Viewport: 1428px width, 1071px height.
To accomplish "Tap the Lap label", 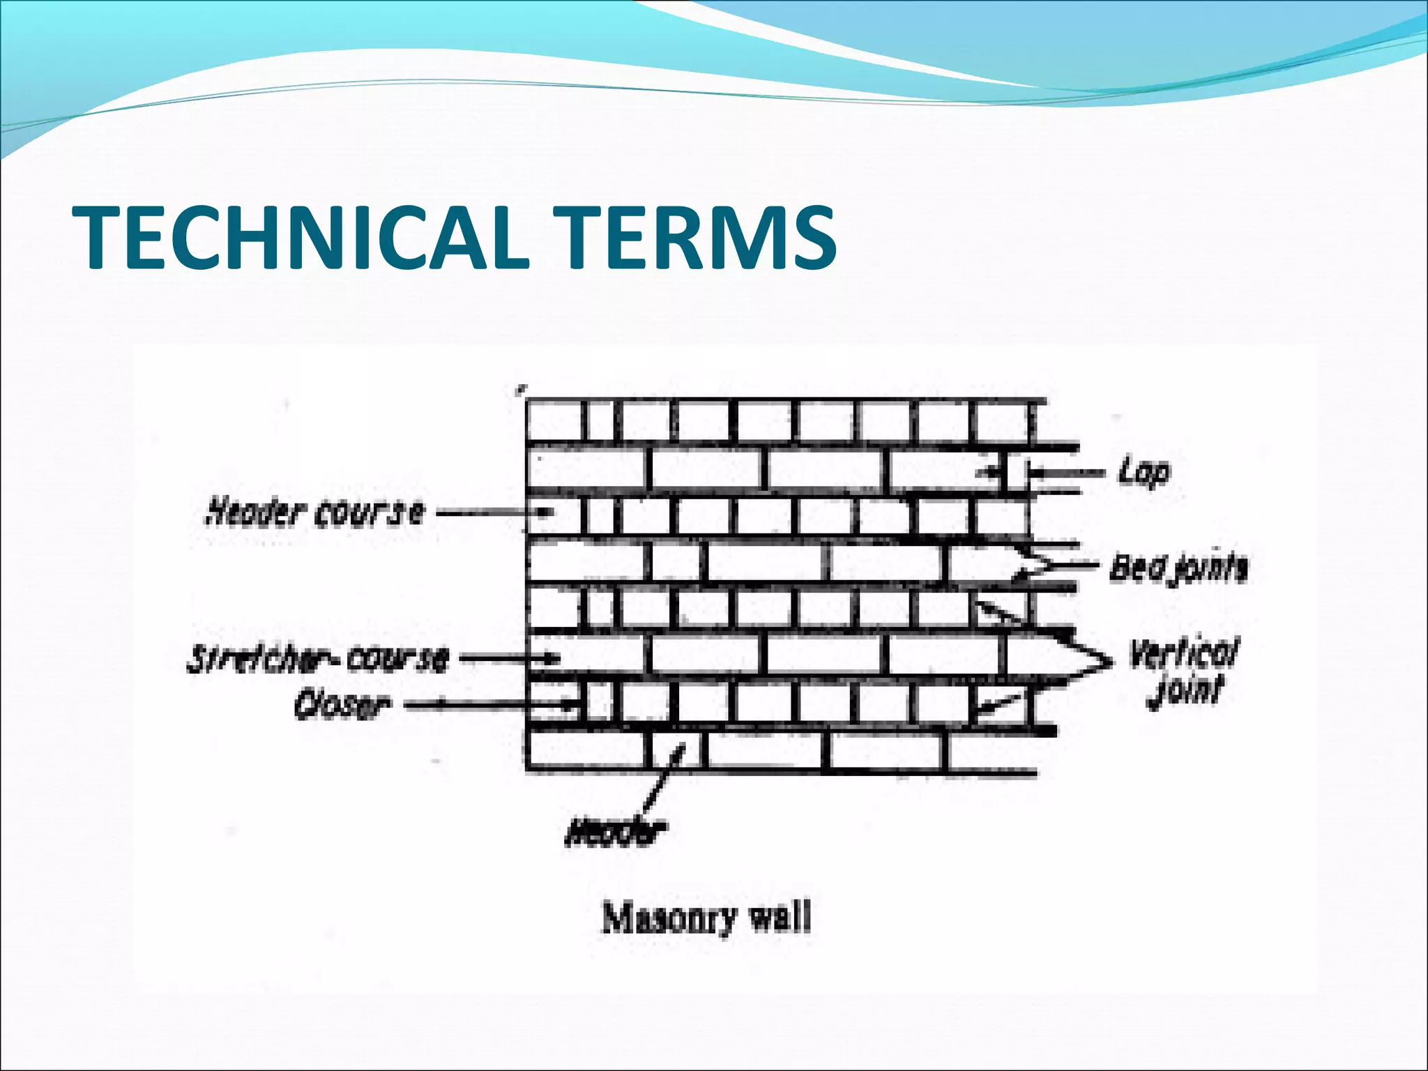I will coord(1144,473).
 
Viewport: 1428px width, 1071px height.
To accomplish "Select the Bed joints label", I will coord(1178,568).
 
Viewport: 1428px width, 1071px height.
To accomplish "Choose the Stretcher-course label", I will coord(317,659).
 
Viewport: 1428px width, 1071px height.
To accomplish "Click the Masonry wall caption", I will coord(706,918).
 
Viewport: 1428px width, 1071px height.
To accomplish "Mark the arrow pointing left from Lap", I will coord(1067,473).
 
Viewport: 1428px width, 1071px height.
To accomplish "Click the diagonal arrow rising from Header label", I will coord(662,781).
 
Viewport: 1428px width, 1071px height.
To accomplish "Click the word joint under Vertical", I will coord(1185,690).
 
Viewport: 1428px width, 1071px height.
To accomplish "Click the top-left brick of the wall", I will coord(554,422).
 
